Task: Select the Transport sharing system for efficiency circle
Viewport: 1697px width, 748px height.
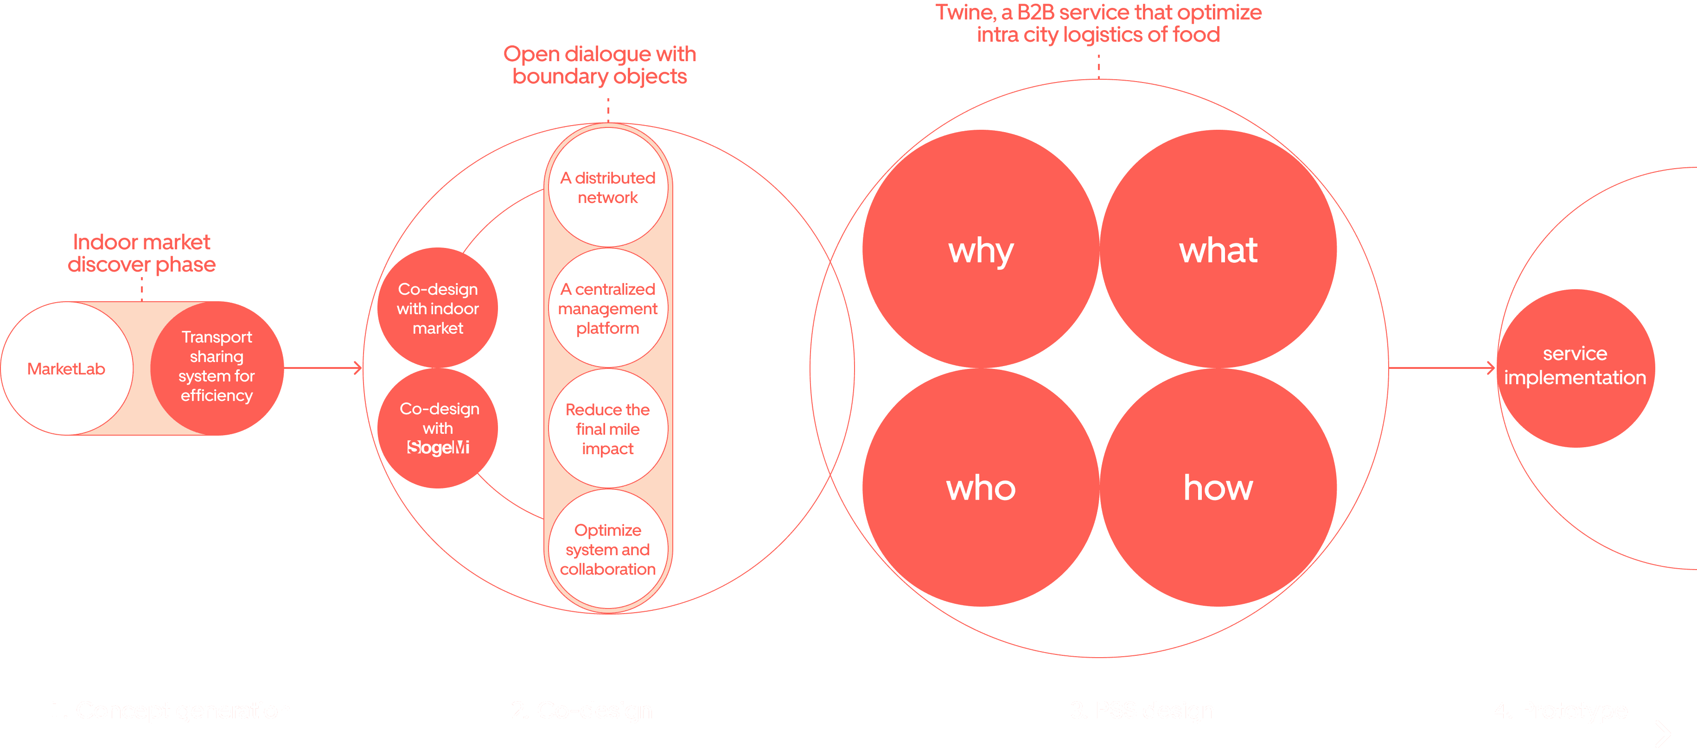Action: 217,368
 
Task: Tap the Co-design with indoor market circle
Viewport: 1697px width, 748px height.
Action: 437,308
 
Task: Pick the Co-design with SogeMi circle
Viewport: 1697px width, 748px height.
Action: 437,428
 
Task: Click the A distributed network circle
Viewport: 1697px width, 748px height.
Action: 607,188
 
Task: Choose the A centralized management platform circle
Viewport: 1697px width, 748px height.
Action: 607,308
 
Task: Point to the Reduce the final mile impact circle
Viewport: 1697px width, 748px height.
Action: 607,429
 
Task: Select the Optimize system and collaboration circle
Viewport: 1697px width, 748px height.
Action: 607,549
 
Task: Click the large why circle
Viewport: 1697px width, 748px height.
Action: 981,249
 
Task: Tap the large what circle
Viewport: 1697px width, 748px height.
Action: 1218,249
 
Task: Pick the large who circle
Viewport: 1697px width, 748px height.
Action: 981,487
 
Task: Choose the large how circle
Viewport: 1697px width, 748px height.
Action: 1218,487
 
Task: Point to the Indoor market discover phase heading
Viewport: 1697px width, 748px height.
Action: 141,253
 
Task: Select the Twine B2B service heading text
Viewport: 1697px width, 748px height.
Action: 1098,23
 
